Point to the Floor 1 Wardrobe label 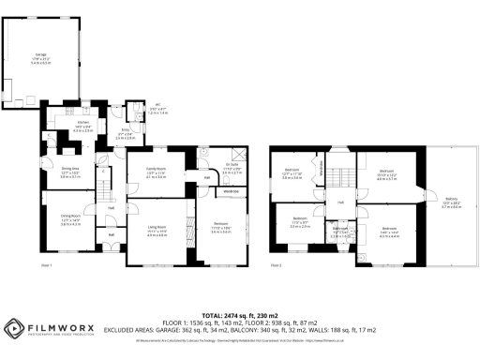[231, 191]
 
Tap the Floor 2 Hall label [341, 202]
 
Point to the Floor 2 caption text [277, 266]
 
